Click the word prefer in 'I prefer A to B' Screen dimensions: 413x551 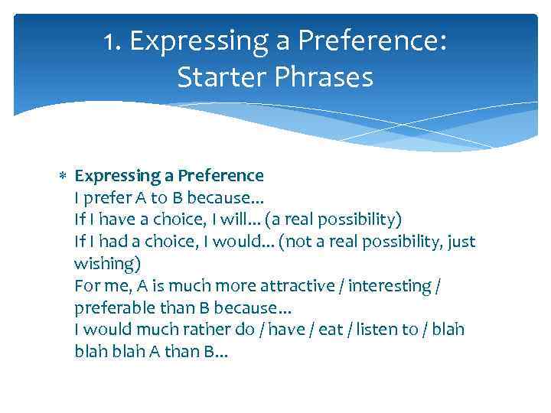(106, 198)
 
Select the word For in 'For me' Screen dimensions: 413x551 (86, 286)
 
